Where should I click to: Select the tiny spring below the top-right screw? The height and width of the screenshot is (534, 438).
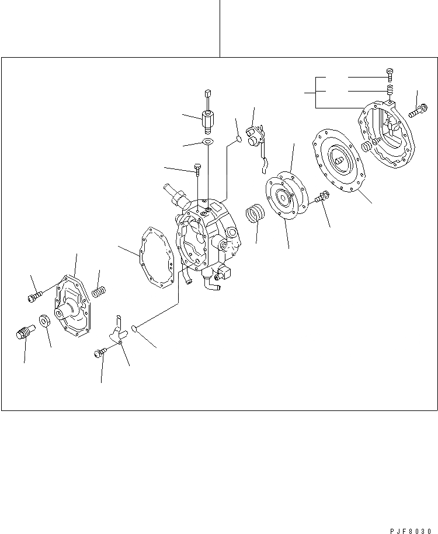pyautogui.click(x=390, y=90)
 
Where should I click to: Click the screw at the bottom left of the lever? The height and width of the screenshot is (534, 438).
pyautogui.click(x=100, y=352)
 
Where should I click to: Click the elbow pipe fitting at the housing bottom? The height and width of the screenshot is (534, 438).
pyautogui.click(x=211, y=284)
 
